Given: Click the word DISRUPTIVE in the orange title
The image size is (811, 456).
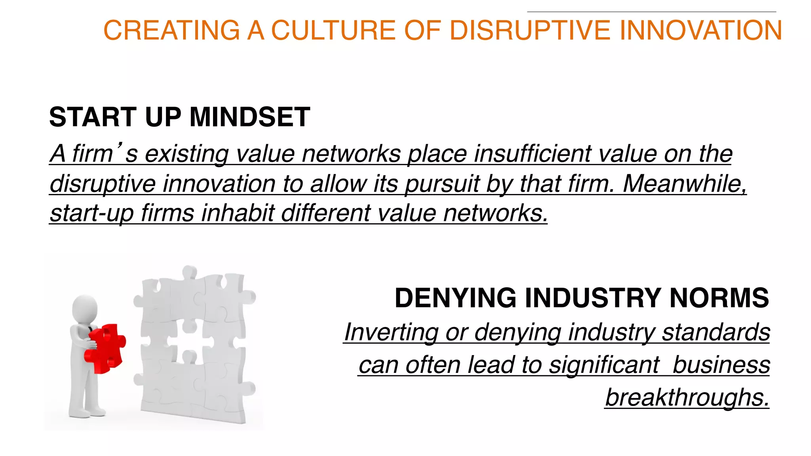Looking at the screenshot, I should tap(531, 30).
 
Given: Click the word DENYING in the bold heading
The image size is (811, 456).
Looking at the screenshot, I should tap(455, 298).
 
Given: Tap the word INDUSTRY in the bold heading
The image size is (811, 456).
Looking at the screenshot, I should tap(593, 298).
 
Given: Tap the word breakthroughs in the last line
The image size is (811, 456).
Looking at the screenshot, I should tap(687, 397).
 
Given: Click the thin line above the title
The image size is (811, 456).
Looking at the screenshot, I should tap(651, 12).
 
